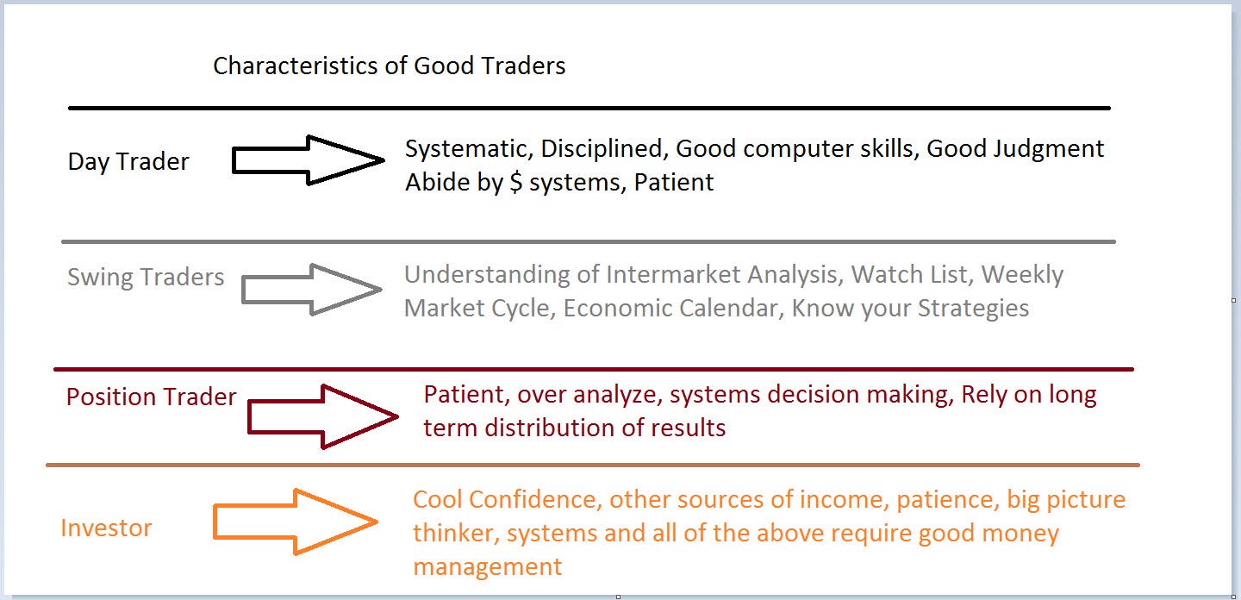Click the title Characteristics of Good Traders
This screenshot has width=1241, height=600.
coord(389,66)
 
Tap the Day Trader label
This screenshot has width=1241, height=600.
coord(128,162)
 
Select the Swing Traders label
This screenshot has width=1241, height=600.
coord(146,277)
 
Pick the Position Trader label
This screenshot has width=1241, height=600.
coord(152,397)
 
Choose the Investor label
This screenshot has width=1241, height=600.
coord(106,528)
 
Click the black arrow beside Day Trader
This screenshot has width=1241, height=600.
coord(308,160)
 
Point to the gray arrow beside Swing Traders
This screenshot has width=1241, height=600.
coord(312,289)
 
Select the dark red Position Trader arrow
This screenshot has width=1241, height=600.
coord(323,416)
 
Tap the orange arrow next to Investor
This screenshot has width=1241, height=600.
coord(296,522)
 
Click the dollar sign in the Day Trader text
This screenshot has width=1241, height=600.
coord(515,182)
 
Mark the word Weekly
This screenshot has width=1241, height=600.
coord(1022,275)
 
